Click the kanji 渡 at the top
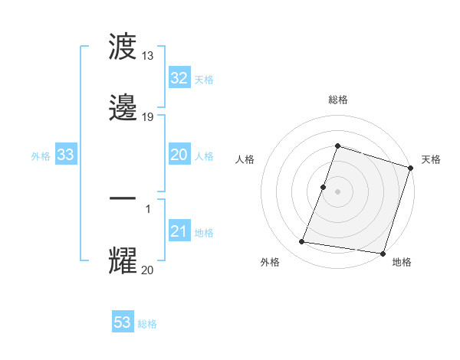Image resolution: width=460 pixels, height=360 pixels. pos(124,47)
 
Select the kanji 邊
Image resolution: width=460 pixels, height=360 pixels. pos(124,108)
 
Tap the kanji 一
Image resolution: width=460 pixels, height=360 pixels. pos(124,198)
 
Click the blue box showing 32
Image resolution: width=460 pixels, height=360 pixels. pos(179,78)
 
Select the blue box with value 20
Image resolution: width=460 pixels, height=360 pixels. pos(179,155)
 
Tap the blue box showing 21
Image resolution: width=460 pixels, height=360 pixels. pos(179,231)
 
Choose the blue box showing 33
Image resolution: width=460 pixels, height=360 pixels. pos(66,155)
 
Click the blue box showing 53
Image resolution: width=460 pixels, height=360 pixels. pos(123,322)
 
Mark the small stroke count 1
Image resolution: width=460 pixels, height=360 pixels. pos(147,208)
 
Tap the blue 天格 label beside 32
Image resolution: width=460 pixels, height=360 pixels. pos(204,80)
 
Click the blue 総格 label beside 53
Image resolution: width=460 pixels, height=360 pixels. pos(147,324)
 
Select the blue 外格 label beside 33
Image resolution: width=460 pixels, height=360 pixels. pos(41,156)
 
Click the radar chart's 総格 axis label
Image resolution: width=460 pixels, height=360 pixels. pos(337,100)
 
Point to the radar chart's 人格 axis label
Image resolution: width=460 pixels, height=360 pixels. pos(245,159)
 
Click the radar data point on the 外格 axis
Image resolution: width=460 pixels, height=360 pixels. pos(302,242)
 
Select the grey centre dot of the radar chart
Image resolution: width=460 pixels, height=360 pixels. pos(337,191)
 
